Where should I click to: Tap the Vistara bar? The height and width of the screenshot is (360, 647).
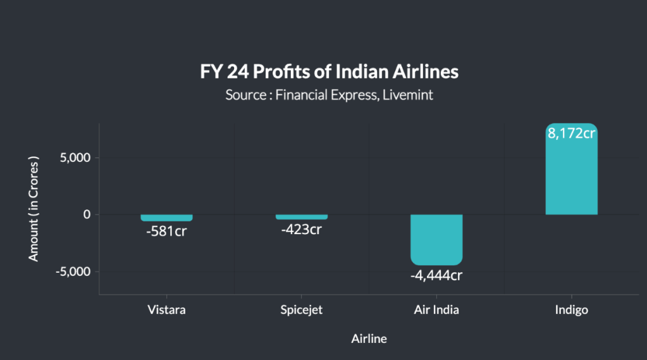coord(166,218)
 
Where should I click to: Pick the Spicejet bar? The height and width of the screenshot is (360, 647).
coord(302,217)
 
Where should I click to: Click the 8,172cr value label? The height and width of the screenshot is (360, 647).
coord(572,133)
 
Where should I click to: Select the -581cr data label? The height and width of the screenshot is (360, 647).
coord(166,231)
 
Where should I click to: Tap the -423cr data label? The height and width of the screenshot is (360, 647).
coord(302,229)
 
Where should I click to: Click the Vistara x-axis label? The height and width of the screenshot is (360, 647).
coord(166,310)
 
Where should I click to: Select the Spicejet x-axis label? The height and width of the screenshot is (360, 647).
coord(302,310)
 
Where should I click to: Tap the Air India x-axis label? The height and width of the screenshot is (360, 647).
coord(436,310)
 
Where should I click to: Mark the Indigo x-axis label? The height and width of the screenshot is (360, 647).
coord(571,310)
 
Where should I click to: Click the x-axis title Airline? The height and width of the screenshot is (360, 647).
coord(369,338)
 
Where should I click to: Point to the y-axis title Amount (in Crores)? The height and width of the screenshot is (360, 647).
coord(34,209)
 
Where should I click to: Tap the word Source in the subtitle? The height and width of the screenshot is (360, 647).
coord(245,96)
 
